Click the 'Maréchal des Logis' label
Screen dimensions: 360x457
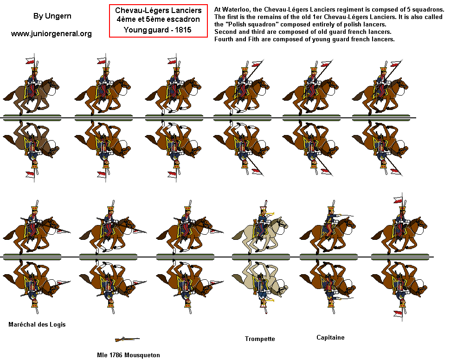point(37,324)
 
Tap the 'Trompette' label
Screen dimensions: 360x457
point(260,339)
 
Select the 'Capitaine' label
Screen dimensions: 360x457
point(330,337)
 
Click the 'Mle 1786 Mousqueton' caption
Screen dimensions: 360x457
point(129,355)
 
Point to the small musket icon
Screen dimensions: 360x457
point(127,339)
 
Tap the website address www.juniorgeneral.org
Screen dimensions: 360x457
point(51,33)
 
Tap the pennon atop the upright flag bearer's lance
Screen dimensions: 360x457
point(398,200)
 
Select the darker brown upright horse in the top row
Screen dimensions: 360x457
point(30,93)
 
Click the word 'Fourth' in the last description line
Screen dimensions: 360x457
point(224,39)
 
